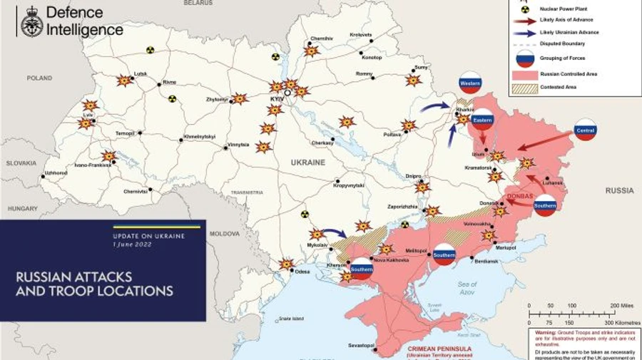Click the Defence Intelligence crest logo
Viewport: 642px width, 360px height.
click(x=31, y=21)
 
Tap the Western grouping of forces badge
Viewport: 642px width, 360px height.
click(x=470, y=83)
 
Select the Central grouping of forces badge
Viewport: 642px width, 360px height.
click(x=585, y=130)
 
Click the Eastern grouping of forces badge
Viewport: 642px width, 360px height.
click(x=483, y=119)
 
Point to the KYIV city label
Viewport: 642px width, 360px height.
click(x=277, y=98)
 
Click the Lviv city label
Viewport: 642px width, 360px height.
click(x=88, y=115)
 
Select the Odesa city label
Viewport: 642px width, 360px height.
click(x=303, y=271)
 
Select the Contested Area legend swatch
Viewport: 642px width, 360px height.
click(x=524, y=87)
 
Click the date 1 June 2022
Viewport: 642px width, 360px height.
click(x=133, y=245)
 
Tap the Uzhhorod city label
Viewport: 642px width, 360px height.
click(x=56, y=173)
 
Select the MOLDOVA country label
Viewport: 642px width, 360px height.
click(x=225, y=233)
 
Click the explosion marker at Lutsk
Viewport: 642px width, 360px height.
click(x=125, y=81)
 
